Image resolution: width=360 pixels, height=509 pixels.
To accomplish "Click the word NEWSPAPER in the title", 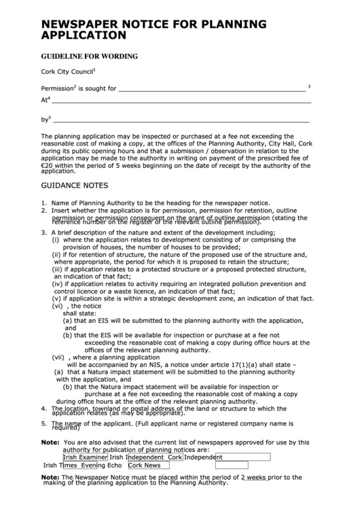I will tap(85, 24).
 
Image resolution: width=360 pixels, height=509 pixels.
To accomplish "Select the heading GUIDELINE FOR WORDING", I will tap(90, 56).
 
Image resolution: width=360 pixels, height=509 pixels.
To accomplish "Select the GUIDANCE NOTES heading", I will tap(74, 185).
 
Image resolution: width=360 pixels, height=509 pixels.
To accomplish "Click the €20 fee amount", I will tap(48, 165).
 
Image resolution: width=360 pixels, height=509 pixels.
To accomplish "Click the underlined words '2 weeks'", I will tap(253, 477).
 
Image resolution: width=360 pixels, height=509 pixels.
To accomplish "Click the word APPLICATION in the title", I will tap(84, 35).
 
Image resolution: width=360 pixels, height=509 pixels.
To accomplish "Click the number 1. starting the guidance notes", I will tap(44, 203).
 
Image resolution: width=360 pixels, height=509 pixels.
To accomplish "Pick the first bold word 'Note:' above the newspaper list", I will tap(50, 442).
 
